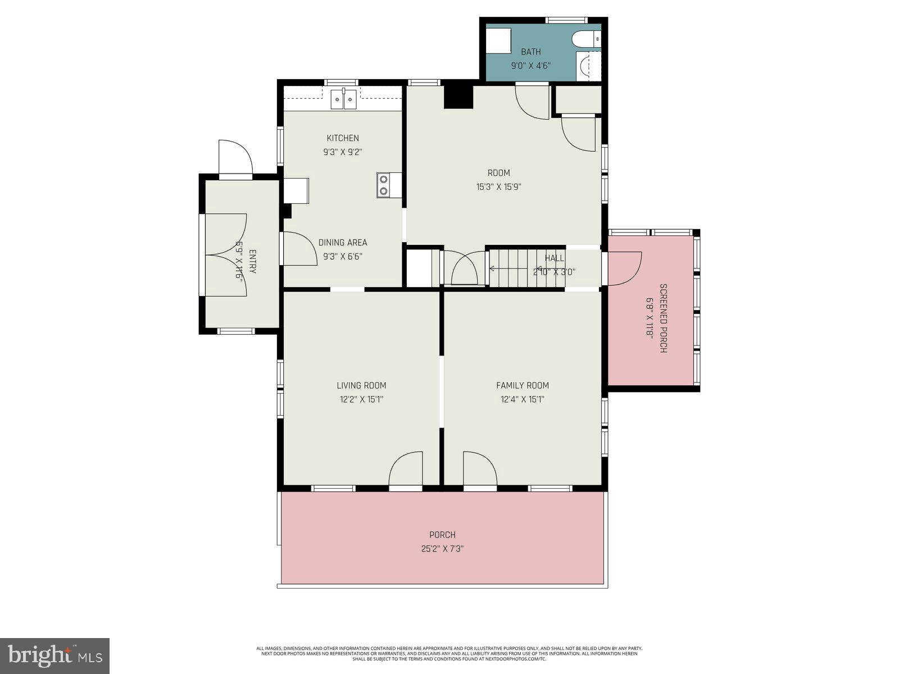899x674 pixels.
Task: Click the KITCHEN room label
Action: coord(343,138)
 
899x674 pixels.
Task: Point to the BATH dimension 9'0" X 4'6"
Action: coord(530,66)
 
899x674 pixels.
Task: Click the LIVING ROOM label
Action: coord(361,385)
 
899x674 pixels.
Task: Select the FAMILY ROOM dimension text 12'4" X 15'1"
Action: coord(523,400)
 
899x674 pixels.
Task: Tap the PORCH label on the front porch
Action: coord(442,535)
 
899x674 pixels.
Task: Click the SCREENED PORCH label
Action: coord(663,318)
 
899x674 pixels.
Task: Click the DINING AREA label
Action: coord(343,243)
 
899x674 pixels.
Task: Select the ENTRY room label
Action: coord(252,262)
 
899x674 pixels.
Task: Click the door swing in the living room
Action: coord(406,468)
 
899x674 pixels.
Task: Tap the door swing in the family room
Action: coord(479,468)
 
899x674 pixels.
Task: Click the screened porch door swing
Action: coord(624,268)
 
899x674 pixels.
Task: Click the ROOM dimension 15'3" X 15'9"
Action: coord(499,187)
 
